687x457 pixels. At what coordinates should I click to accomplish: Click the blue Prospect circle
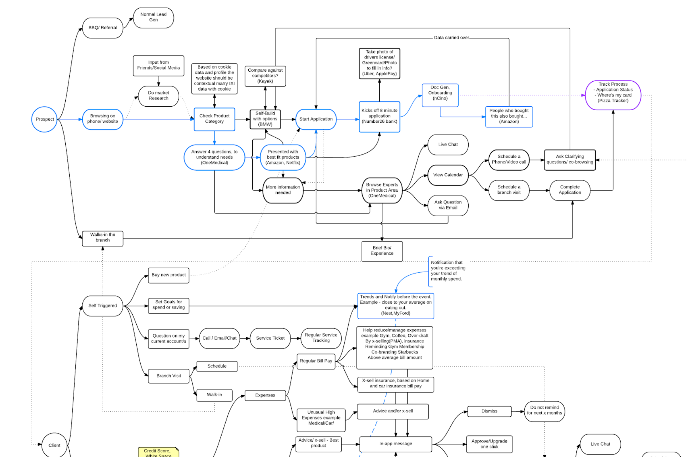click(x=45, y=119)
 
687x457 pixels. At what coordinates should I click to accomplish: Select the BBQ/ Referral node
click(x=102, y=28)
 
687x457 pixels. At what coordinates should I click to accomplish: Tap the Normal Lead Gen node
click(x=153, y=17)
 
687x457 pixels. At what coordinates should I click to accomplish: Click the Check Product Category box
click(x=214, y=119)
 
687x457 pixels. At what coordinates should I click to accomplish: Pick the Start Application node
click(x=316, y=119)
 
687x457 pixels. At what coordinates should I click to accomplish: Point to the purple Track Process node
click(x=613, y=95)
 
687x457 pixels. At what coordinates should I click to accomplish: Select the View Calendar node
click(x=448, y=175)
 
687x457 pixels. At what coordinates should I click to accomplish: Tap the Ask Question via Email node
click(x=448, y=205)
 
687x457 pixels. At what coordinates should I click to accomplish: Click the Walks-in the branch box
click(x=102, y=238)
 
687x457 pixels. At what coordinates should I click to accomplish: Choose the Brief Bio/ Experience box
click(x=382, y=251)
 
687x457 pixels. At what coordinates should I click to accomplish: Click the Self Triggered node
click(x=102, y=306)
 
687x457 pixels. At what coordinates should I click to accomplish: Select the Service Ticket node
click(x=270, y=338)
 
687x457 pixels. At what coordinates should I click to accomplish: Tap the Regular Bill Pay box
click(x=316, y=361)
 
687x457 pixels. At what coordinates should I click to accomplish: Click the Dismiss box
click(x=489, y=411)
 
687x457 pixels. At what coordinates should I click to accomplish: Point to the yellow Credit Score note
click(x=158, y=452)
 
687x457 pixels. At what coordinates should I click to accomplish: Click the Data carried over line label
click(x=451, y=37)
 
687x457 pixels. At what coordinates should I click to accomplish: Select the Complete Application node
click(x=570, y=190)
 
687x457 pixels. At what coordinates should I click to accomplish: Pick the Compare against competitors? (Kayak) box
click(x=265, y=76)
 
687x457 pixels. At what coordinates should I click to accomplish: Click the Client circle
click(x=54, y=445)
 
